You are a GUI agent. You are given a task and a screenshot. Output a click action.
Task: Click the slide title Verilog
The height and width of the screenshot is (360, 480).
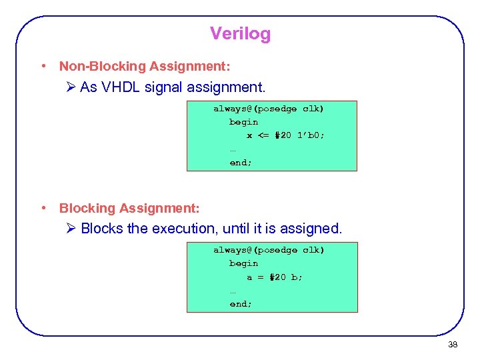[240, 33]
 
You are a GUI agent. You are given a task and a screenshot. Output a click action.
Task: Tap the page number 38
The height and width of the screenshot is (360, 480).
[453, 345]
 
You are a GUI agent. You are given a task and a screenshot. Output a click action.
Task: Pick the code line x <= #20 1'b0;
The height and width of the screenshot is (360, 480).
[286, 135]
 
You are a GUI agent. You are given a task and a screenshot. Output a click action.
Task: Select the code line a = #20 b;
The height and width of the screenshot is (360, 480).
[274, 277]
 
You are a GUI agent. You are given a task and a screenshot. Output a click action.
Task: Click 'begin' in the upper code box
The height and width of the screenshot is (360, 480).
[243, 122]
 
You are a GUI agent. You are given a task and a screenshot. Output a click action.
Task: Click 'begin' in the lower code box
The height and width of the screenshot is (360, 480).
[243, 263]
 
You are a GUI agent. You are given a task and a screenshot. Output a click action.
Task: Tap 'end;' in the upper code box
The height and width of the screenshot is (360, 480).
[241, 163]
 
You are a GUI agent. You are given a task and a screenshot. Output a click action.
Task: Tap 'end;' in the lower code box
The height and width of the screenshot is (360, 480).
[241, 304]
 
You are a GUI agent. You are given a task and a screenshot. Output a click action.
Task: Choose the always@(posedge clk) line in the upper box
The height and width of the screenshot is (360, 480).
[269, 108]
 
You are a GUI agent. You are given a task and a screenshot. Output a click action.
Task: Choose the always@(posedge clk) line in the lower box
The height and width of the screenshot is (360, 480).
[269, 250]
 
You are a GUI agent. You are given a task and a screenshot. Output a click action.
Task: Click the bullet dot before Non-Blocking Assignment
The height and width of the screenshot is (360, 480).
[43, 66]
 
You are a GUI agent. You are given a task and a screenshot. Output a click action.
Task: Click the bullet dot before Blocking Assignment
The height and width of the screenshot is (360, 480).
[43, 209]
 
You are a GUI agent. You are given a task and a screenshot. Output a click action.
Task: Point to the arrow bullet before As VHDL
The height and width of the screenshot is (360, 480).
[71, 87]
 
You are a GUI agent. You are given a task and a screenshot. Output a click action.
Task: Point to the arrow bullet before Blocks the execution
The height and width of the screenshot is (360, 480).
[71, 229]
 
